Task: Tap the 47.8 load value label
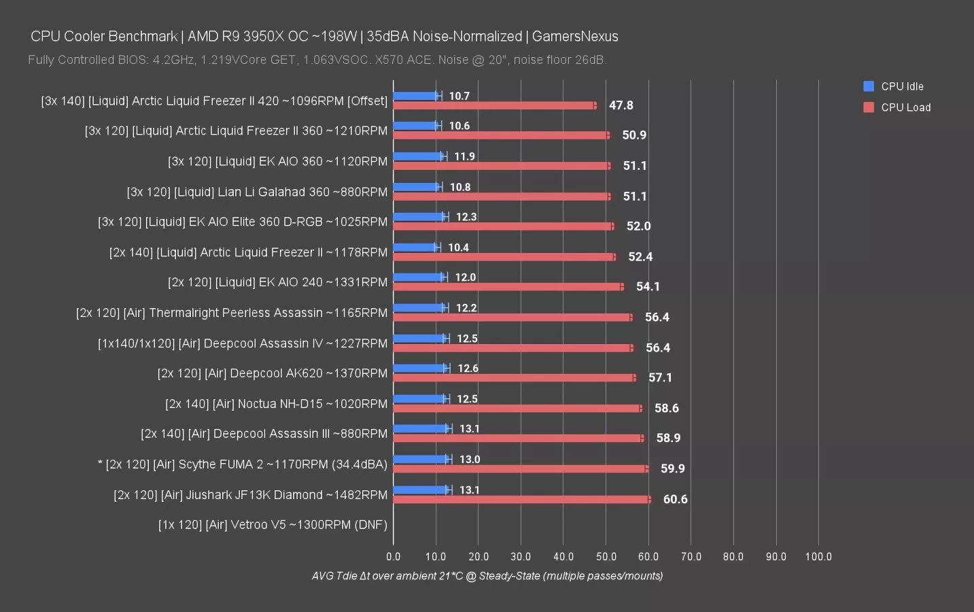[621, 105]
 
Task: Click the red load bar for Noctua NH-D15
[517, 408]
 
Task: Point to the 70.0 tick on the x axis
[691, 556]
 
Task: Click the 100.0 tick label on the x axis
[818, 556]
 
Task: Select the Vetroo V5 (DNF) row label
[273, 525]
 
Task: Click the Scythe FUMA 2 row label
[243, 464]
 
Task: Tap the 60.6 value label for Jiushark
[675, 499]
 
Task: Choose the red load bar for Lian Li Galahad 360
[502, 197]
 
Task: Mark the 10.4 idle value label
[458, 248]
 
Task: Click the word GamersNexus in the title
[575, 36]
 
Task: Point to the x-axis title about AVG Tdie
[487, 576]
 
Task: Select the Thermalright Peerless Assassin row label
[232, 313]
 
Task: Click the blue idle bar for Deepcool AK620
[420, 369]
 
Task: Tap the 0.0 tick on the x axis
[393, 556]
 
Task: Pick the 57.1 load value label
[660, 377]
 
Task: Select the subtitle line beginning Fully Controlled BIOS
[317, 60]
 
